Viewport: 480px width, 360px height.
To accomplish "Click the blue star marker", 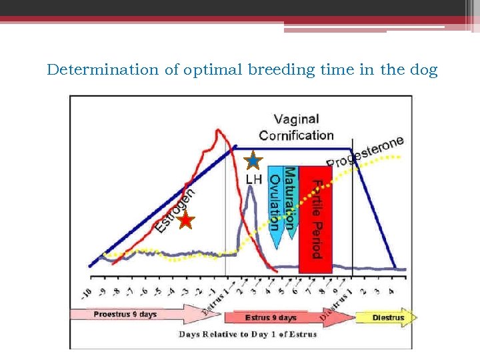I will coord(253,161).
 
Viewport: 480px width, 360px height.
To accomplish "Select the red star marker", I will coord(185,221).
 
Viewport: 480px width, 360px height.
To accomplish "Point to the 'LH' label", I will coord(254,179).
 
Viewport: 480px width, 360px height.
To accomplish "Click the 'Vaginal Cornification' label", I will coord(296,127).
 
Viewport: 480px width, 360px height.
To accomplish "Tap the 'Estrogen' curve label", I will coord(175,210).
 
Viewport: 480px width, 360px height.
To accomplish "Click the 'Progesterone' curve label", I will coord(365,153).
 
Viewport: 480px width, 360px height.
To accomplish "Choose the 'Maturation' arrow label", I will coord(290,199).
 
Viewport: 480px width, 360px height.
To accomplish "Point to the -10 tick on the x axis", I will coord(87,294).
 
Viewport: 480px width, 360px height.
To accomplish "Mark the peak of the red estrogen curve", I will coord(218,131).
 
